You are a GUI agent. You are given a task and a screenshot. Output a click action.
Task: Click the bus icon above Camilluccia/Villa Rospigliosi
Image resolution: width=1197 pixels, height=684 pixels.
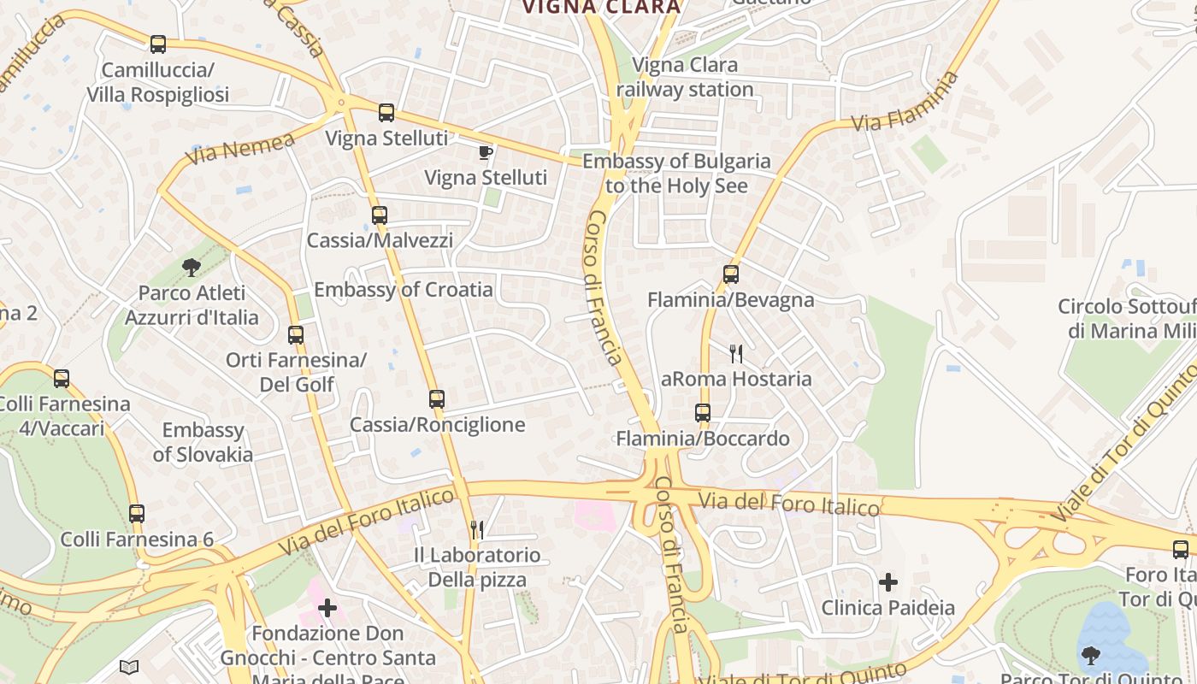coord(157,44)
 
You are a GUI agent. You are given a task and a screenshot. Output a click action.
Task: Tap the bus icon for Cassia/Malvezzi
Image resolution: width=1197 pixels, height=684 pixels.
coord(380,215)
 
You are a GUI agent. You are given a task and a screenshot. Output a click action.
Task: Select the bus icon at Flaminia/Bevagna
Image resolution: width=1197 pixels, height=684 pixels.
coord(730,274)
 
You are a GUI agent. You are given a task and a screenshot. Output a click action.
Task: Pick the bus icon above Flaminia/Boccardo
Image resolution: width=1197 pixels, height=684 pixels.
coord(703,413)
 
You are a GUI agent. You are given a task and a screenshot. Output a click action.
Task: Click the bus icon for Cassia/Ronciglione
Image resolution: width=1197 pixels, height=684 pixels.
coord(437,399)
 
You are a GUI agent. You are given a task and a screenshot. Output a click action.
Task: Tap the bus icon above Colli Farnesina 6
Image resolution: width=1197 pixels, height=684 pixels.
coord(137,514)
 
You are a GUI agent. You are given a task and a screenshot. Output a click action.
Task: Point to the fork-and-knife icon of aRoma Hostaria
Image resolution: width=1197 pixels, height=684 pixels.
coord(736,353)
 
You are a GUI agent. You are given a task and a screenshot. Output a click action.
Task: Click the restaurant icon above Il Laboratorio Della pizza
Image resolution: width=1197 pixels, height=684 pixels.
coord(477,530)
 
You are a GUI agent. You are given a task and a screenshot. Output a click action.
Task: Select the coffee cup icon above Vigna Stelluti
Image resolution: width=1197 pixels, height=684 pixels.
coord(486,153)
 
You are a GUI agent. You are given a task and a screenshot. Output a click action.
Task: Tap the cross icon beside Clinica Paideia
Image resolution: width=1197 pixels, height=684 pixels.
coord(888,582)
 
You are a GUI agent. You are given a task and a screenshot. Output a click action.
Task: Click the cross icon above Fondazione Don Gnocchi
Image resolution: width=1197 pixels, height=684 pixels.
coord(327,608)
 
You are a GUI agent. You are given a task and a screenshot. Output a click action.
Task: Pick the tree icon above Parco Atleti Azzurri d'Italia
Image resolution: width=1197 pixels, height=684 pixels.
coord(192,268)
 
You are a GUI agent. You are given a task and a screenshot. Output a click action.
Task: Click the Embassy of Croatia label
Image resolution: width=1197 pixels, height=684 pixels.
coord(404,290)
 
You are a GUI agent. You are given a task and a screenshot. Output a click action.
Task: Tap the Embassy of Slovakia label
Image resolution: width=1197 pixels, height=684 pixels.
coord(203,442)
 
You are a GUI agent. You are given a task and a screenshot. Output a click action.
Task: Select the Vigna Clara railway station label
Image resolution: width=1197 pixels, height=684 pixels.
coord(684,77)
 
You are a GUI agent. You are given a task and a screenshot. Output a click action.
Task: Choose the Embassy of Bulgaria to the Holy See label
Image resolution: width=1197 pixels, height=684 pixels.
coord(676,174)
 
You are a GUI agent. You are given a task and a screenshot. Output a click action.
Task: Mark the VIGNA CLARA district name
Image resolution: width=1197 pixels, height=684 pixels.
coord(601,8)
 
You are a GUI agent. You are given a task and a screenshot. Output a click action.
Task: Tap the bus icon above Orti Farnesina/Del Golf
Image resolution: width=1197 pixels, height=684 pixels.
coord(296,335)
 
